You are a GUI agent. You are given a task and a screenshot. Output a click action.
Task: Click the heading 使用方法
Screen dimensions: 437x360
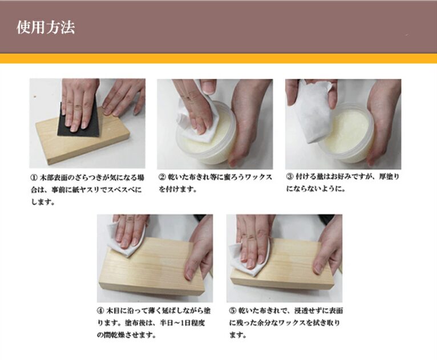click(46, 27)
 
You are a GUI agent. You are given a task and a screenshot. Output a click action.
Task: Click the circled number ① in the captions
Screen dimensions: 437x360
click(34, 177)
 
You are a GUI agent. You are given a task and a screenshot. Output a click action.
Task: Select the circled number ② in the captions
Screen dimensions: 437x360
click(162, 177)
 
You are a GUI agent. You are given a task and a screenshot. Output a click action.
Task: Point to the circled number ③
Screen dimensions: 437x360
click(290, 177)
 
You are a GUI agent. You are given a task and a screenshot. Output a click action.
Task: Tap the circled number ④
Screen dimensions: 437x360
click(100, 311)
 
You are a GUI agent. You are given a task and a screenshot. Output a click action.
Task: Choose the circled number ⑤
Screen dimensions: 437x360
click(233, 311)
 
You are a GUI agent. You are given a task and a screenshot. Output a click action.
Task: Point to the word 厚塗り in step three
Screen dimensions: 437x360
click(389, 177)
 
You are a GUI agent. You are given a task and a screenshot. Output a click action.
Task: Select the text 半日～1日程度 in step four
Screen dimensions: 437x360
click(182, 323)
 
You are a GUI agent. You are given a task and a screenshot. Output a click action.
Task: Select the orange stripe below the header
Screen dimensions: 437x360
click(218, 58)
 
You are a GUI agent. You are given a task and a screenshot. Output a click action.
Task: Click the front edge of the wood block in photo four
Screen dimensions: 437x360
click(151, 291)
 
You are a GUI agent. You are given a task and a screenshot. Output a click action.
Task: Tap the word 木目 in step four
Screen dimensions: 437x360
click(112, 311)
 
